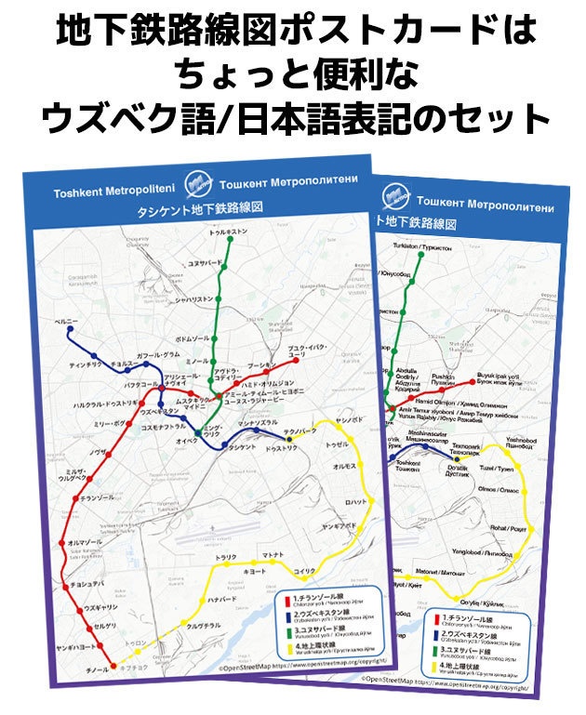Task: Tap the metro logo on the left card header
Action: pyautogui.click(x=198, y=180)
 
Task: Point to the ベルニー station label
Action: pyautogui.click(x=65, y=321)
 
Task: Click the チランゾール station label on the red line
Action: pyautogui.click(x=97, y=498)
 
